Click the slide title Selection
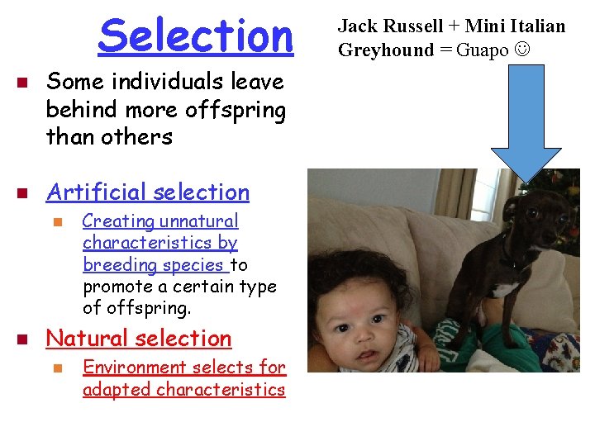pos(196,36)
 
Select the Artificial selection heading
pos(148,192)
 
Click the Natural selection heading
pos(139,338)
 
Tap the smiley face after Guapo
pos(522,50)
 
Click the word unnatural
pos(198,221)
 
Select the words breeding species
pos(154,264)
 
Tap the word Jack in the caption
pos(355,26)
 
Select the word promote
pos(112,286)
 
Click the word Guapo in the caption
pos(483,50)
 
